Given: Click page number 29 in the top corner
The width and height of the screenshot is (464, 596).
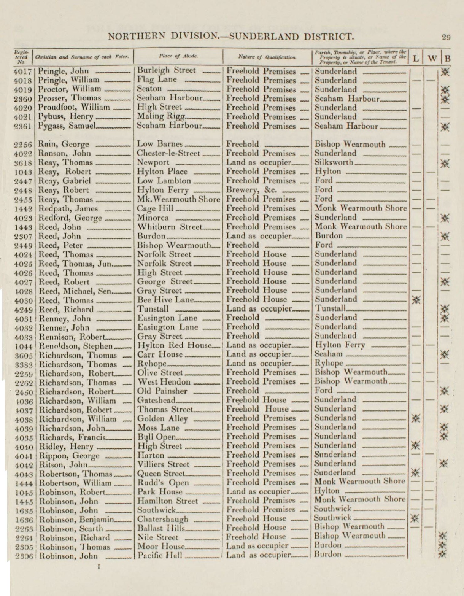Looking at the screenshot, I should click(446, 37).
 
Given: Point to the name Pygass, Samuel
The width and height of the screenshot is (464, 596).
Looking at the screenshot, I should click(66, 126).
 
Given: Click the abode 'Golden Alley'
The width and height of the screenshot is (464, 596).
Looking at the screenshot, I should click(162, 419).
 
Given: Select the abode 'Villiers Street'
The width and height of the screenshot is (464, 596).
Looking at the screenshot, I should click(163, 464).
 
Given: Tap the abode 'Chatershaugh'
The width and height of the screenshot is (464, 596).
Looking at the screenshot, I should click(162, 519).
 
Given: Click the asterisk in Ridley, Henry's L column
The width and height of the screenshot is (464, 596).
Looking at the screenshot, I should click(416, 445).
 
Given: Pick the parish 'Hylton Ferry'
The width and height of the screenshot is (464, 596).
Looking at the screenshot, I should click(340, 345).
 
